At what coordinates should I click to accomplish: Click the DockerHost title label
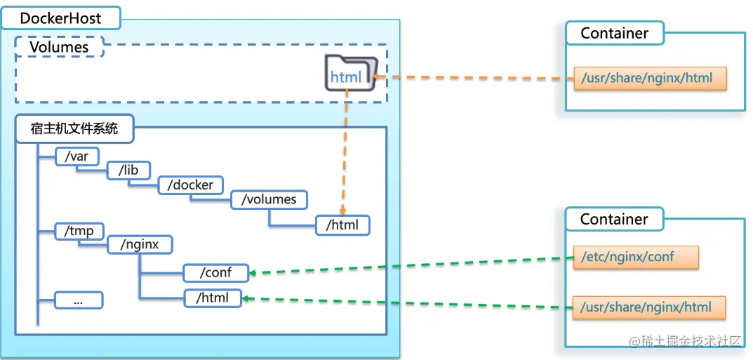(60, 18)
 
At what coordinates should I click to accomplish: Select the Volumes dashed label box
(59, 47)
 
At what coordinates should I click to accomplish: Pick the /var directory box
(76, 156)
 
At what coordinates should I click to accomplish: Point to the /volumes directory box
(269, 199)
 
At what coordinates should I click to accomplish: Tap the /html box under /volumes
(342, 225)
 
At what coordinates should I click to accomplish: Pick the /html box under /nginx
(213, 298)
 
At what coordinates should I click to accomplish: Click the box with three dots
(79, 300)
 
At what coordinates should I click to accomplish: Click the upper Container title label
(614, 33)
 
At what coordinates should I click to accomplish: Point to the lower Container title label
(614, 219)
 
